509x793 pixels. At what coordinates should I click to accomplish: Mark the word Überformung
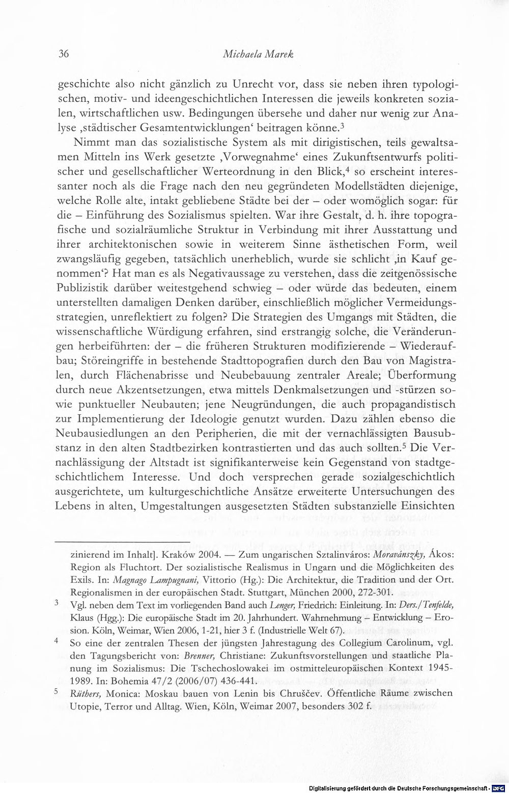pos(418,376)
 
